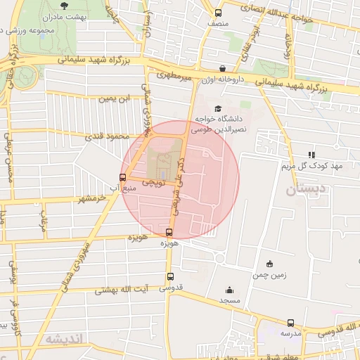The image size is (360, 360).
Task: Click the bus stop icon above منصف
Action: click(218, 13)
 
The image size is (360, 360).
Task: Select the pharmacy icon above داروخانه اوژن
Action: click(223, 68)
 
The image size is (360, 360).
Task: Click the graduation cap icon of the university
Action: click(217, 108)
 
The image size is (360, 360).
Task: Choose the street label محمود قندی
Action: click(103, 136)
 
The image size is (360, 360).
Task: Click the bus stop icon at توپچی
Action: click(124, 177)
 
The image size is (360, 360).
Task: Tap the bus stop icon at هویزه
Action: click(169, 232)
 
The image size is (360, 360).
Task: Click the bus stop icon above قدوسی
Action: click(169, 277)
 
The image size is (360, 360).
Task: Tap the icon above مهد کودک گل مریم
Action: click(311, 155)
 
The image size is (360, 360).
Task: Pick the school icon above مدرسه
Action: click(290, 323)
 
